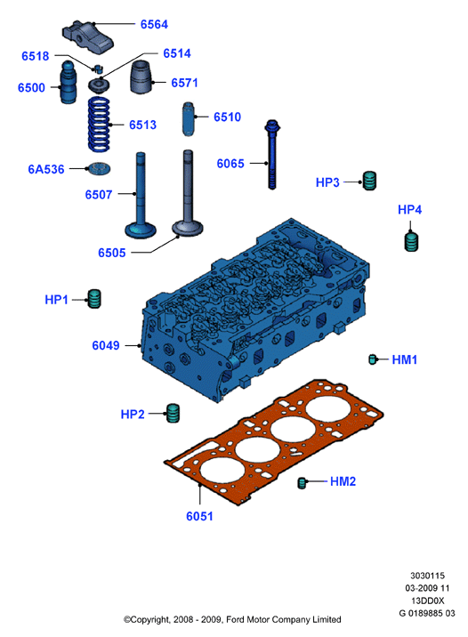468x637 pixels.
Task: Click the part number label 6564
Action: pyautogui.click(x=154, y=24)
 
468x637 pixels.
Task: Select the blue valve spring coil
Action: pyautogui.click(x=99, y=124)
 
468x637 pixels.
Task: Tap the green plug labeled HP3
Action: pyautogui.click(x=369, y=181)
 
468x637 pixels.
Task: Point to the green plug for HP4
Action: pyautogui.click(x=412, y=241)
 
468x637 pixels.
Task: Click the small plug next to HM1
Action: pyautogui.click(x=373, y=359)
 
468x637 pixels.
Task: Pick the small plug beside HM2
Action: pyautogui.click(x=302, y=482)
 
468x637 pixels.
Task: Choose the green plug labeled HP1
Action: pyautogui.click(x=94, y=299)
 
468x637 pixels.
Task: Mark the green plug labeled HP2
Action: pyautogui.click(x=173, y=414)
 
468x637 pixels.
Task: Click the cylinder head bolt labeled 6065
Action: pyautogui.click(x=272, y=155)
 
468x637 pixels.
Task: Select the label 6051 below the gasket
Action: pyautogui.click(x=199, y=516)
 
